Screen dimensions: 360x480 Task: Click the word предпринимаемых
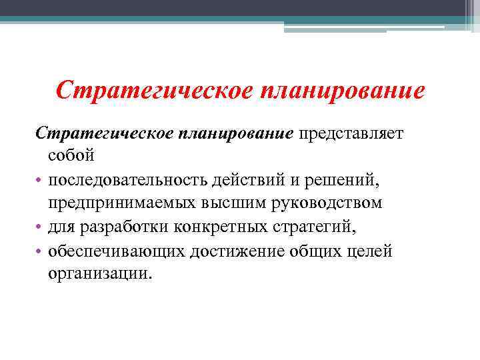tap(116, 203)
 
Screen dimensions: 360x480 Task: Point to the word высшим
tap(222, 203)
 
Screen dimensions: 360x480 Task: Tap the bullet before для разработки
tap(39, 228)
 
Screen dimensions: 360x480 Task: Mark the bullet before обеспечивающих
tap(39, 251)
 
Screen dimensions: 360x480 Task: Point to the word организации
tap(100, 273)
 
